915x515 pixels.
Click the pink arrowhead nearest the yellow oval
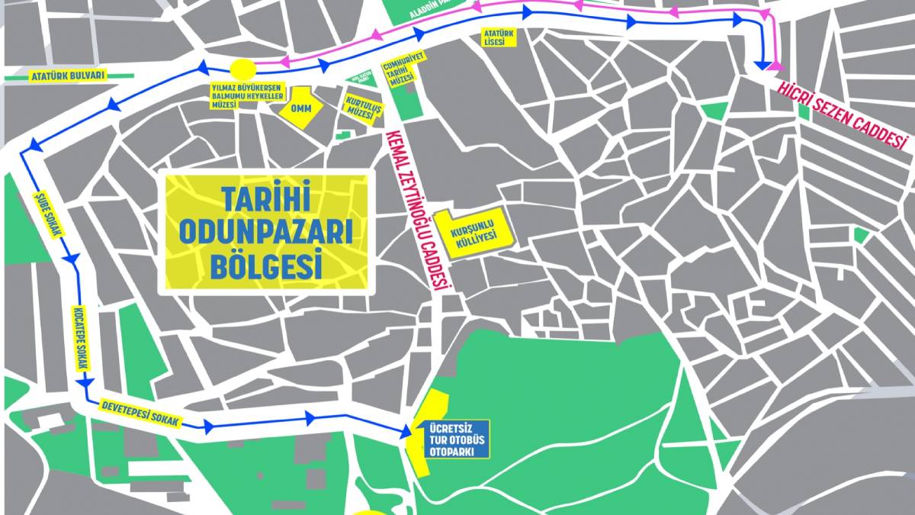click(x=283, y=63)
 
